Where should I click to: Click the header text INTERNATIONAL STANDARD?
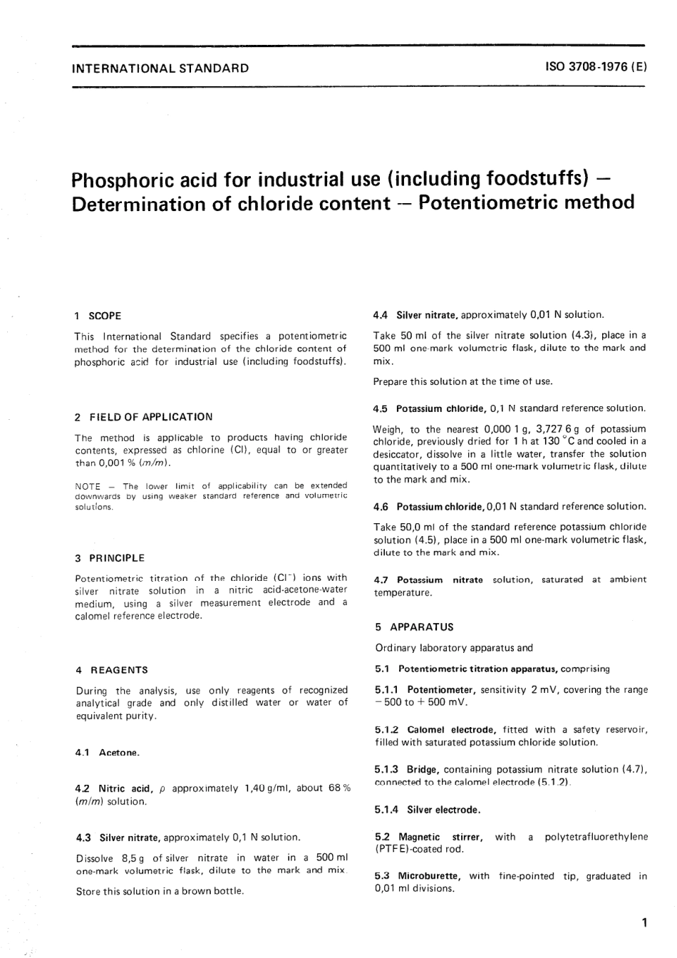160,68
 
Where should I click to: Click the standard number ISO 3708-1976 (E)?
596,68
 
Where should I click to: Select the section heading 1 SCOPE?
98,315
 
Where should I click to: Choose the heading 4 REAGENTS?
112,669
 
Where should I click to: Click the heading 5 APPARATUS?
414,627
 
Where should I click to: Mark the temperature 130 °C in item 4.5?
551,441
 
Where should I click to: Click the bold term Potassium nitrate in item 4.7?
440,580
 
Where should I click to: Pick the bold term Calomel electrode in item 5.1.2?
450,730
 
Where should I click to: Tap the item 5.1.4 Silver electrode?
427,810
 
